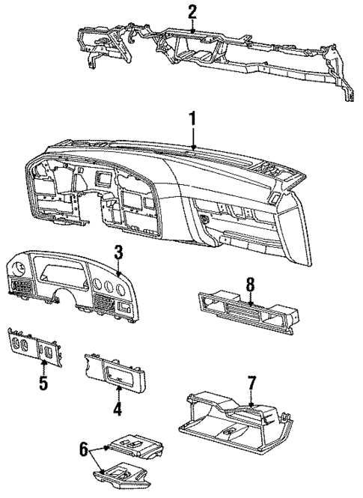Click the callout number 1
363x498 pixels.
pyautogui.click(x=194, y=119)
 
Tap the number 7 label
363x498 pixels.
pyautogui.click(x=252, y=383)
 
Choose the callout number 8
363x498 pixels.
pyautogui.click(x=250, y=284)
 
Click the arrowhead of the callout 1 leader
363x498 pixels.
pyautogui.click(x=194, y=149)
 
